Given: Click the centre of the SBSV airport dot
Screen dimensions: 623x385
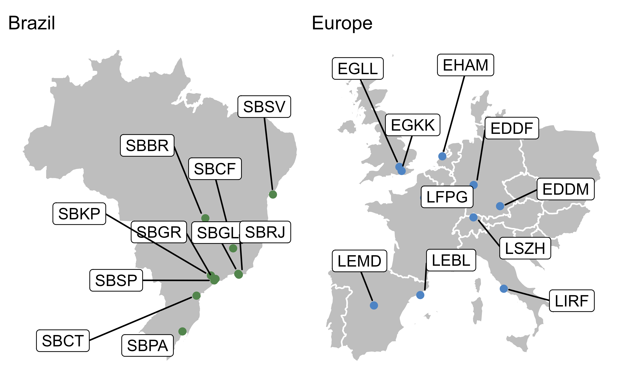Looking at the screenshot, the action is coord(273,195).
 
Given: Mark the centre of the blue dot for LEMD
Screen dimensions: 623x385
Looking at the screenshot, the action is coord(374,305).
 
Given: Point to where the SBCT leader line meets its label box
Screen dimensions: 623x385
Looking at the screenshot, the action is coord(89,340).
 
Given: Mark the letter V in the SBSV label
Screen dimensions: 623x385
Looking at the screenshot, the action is coord(280,107).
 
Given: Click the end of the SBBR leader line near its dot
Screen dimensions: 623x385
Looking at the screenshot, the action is coord(201,213).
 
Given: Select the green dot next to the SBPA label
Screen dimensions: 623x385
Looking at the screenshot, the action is coord(182,331).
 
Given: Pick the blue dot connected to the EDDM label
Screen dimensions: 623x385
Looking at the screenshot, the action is coord(500,206).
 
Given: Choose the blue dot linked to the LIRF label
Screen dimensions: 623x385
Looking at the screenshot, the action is coord(504,288).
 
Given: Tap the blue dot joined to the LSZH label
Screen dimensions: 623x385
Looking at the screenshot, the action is coord(473,217).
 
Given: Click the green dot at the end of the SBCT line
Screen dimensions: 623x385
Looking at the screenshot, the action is coord(196,296).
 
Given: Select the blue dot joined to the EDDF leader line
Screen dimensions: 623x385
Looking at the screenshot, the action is coord(474,185).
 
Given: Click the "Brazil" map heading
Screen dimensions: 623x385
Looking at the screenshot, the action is coord(32,23).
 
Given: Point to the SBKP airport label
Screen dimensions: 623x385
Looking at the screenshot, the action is coord(79,214).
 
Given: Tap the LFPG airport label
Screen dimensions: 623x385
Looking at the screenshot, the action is coord(447,197).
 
